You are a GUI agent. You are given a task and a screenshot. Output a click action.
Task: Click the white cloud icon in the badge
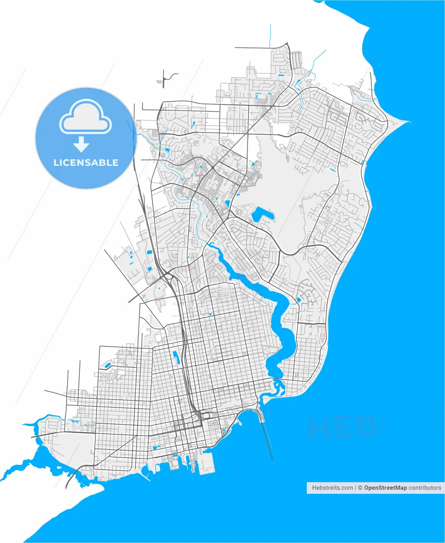85,117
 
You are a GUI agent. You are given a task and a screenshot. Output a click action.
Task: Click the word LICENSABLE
86,162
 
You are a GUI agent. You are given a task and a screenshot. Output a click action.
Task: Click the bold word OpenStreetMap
385,488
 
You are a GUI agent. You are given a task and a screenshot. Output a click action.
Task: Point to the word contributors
425,488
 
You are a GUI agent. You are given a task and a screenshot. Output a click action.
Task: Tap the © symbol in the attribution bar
360,488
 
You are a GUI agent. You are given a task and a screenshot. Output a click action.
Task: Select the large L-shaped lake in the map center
262,215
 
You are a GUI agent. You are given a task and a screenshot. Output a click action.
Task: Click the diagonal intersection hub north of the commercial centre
212,168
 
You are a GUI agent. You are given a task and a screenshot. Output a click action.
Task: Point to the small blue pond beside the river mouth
298,300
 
